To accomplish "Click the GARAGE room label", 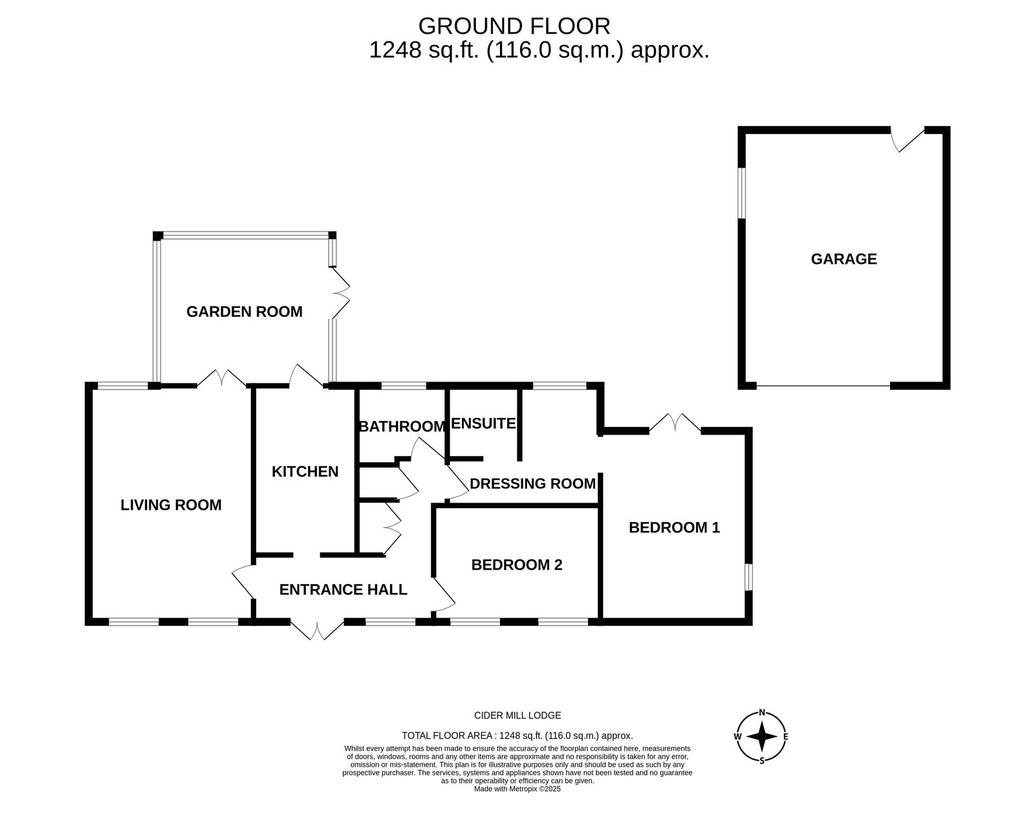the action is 844,259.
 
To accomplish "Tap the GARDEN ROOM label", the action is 245,312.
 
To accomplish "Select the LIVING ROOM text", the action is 171,505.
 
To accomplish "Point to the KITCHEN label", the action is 305,472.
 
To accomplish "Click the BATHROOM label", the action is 402,427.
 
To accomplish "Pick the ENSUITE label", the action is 483,424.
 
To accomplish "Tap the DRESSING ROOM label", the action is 532,484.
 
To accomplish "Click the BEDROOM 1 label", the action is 674,528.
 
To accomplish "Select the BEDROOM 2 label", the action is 517,565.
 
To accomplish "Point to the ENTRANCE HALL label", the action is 343,590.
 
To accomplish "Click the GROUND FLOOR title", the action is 514,26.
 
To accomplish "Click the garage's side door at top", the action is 908,140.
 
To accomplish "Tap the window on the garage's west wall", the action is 741,193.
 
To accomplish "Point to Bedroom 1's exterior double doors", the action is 675,422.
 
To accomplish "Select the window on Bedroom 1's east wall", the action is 748,578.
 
